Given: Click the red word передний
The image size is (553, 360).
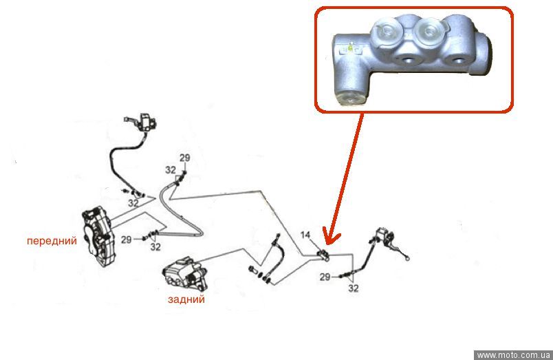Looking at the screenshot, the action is pos(52,241).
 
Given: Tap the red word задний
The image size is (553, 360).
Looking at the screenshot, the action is pos(186,299).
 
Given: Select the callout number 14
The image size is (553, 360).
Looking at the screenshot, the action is pos(305,235).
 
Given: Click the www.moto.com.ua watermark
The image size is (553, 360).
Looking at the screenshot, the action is pos(513,354).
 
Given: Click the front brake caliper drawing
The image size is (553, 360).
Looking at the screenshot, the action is pos(98,236).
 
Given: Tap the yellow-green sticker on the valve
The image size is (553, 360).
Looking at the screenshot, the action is pos(351,47).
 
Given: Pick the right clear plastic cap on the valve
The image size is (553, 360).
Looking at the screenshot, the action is pos(430,32).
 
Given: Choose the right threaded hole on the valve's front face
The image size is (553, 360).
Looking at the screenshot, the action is pos(457,61).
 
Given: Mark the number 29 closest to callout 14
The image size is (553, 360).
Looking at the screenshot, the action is pos(325,277).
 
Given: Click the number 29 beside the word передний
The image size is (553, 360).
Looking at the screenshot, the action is pos(127,240).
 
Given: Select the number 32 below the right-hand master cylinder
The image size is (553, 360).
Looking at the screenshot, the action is pos(354,288).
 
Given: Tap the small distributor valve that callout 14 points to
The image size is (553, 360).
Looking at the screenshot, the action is pos(323,255).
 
